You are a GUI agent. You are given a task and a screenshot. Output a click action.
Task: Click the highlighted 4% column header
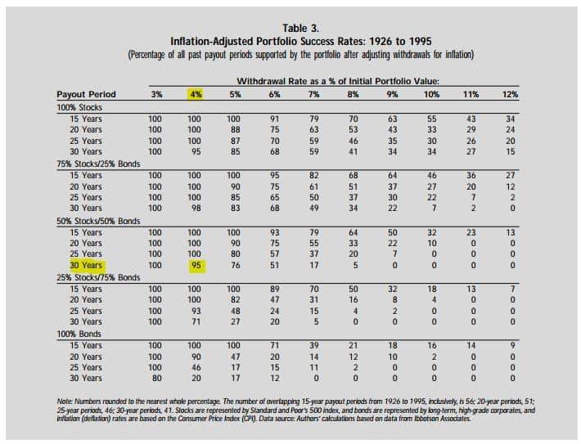196,94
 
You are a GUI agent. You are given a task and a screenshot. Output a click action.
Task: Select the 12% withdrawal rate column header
510,94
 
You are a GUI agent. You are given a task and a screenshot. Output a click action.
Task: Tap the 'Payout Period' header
86,94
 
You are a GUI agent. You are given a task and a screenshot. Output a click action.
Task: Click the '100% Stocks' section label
79,107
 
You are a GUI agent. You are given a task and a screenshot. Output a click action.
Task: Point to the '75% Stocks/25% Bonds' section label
98,164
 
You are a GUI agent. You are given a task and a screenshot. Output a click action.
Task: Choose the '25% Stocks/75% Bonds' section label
98,277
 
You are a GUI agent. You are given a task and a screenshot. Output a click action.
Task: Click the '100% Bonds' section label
79,334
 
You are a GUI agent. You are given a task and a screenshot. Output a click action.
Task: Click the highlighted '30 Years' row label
87,266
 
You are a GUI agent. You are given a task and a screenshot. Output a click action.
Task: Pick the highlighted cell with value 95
196,266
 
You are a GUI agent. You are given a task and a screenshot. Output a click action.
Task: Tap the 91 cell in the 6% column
275,119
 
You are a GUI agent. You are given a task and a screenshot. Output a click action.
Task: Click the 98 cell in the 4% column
196,209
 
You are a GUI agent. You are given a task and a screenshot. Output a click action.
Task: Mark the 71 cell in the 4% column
196,321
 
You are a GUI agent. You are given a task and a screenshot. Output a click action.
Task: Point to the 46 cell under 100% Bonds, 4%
196,367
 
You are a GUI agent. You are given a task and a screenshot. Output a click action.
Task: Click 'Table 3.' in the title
300,28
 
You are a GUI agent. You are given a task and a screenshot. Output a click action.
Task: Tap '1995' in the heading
421,41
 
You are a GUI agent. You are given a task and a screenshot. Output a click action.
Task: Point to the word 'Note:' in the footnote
65,401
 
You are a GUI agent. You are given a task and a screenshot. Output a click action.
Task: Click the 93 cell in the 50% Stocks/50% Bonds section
275,232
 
